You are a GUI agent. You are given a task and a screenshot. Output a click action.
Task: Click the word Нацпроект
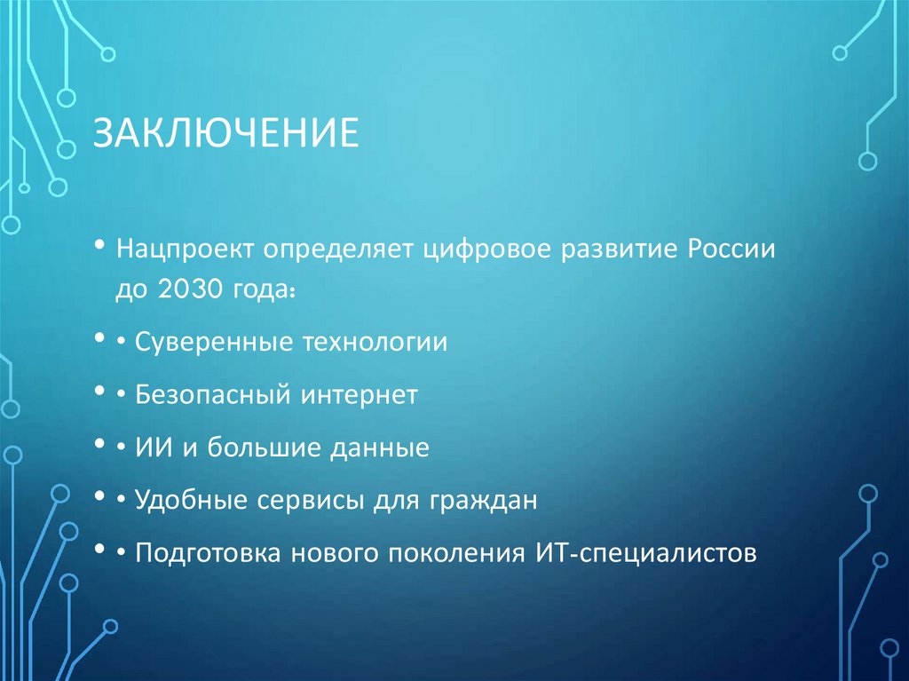[183, 250]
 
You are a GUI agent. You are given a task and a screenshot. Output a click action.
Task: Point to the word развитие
[617, 250]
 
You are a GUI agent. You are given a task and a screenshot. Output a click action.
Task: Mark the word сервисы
[293, 501]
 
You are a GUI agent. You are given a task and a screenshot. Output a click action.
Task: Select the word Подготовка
[202, 553]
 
